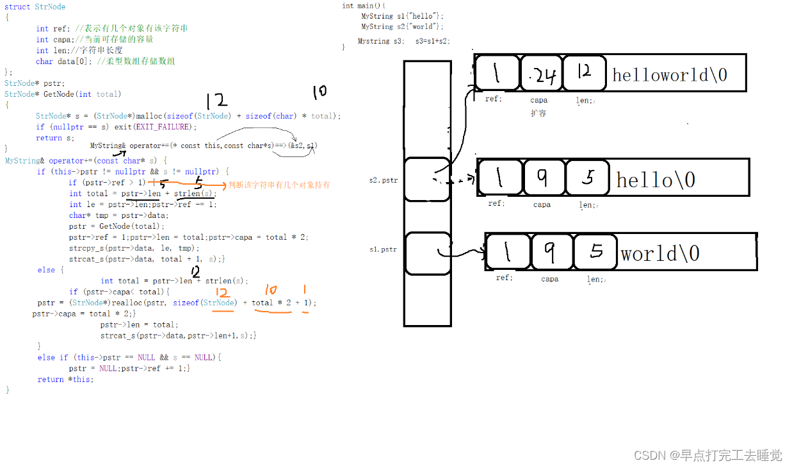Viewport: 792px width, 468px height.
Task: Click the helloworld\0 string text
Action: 670,75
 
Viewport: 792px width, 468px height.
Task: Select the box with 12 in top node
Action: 584,73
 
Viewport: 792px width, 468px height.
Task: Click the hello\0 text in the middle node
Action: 655,180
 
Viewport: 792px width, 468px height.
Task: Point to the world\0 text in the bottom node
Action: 659,254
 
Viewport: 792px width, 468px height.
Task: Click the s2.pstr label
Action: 384,181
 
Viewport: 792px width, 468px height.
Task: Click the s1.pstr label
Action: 384,249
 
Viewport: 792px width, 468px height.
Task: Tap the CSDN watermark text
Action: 707,455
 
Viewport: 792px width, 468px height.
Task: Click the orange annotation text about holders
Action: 279,185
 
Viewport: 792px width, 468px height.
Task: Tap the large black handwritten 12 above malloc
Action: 216,101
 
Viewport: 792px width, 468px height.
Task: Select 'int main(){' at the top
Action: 364,6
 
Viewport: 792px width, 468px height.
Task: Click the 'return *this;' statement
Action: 65,379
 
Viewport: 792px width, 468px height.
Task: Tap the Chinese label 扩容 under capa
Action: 538,113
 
